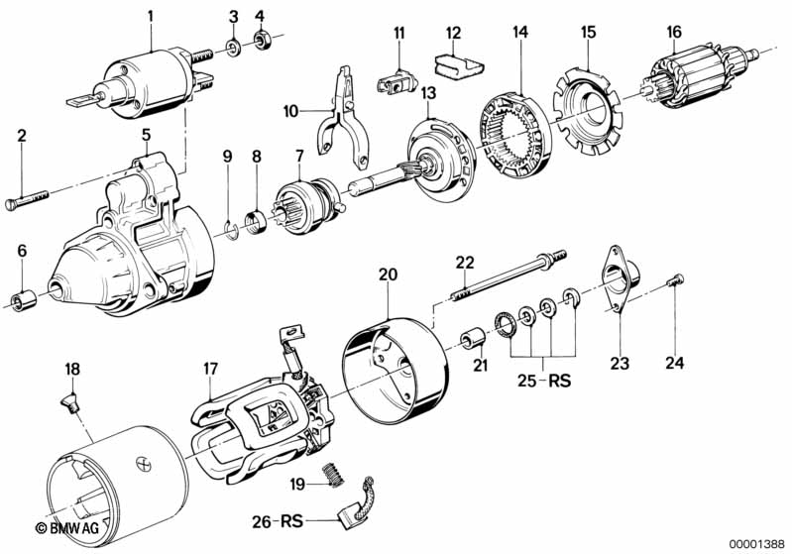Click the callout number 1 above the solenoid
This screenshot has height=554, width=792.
coord(151,15)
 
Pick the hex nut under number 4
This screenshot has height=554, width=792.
coord(263,41)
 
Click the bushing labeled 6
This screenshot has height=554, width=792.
coord(21,298)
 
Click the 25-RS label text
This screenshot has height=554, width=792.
coord(544,380)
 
